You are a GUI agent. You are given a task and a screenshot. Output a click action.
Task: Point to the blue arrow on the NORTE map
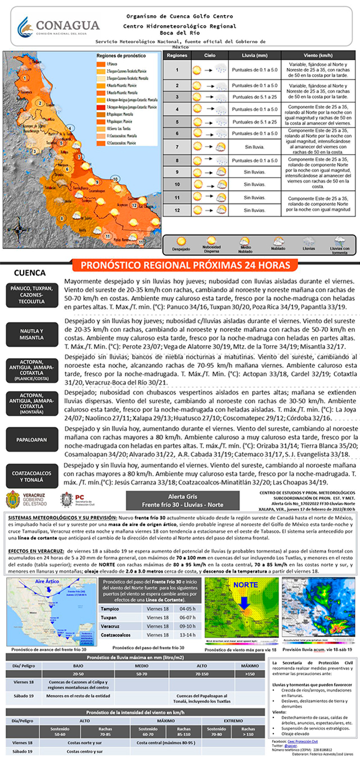click(x=243, y=602)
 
